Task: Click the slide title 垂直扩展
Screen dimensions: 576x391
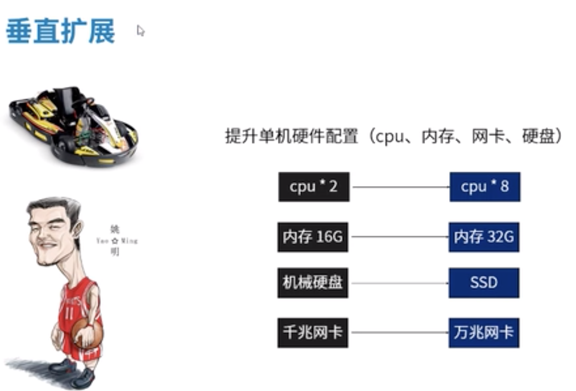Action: pos(60,31)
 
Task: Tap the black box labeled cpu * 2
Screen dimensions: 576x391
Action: pos(314,187)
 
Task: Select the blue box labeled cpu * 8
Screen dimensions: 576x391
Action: pos(485,187)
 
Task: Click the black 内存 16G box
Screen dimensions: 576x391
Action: pos(313,237)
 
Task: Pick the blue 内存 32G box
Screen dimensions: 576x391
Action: pos(484,237)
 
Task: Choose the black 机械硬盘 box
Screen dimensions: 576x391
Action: pos(313,283)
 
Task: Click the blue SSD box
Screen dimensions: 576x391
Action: pos(484,283)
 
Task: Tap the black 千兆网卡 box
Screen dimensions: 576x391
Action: pos(313,333)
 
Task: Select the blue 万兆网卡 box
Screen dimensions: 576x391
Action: pos(484,333)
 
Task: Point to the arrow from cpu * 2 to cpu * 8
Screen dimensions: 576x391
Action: pos(399,187)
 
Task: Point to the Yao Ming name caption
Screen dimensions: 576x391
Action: pos(116,240)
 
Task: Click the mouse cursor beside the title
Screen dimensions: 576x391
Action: pos(140,30)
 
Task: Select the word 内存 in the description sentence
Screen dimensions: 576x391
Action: pos(438,136)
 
